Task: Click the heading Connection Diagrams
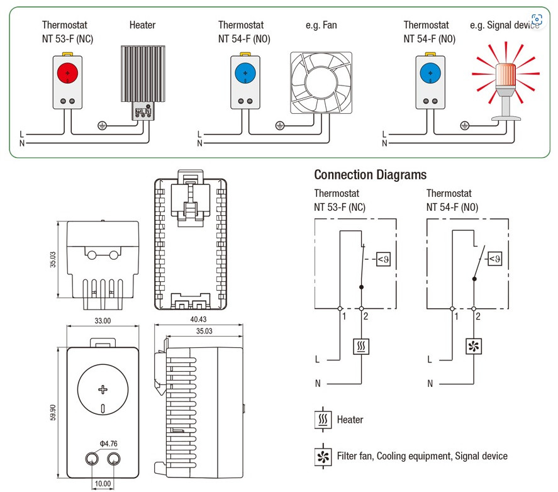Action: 370,175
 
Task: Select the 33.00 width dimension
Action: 103,321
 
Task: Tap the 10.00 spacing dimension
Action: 103,484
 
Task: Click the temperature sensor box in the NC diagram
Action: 383,259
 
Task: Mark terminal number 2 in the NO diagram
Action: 478,316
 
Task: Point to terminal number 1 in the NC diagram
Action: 344,316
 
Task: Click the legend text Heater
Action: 350,420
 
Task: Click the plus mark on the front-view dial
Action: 103,390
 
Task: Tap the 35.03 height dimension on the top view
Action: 53,260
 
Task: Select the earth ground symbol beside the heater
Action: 102,125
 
